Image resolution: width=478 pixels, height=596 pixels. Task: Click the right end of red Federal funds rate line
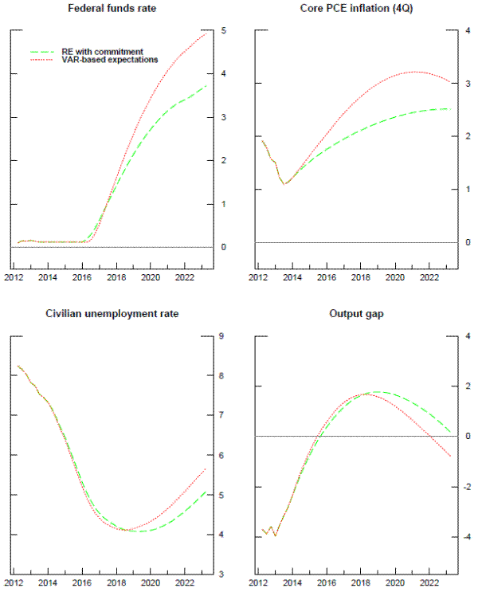(x=207, y=33)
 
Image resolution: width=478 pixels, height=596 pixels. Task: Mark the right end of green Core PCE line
(x=451, y=109)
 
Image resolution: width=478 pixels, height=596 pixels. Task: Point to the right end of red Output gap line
(x=451, y=457)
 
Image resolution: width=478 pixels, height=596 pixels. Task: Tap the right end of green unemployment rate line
(x=207, y=492)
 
